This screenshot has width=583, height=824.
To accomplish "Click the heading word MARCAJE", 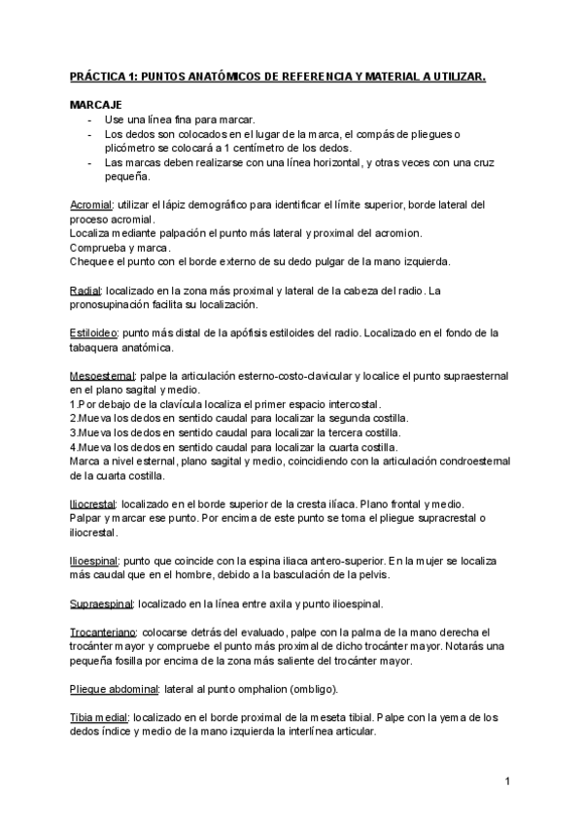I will coord(96,103).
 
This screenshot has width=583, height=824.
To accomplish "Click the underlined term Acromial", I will coord(91,205).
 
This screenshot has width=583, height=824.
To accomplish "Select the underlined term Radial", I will coord(86,291).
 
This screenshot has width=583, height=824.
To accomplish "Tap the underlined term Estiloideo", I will coord(93,333).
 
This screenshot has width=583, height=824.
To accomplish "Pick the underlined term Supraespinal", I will coord(101,604).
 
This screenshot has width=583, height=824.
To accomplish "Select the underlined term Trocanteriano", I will coord(104,633).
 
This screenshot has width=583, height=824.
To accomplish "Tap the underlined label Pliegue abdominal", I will coord(114,689).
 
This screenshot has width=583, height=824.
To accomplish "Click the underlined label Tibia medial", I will coord(99,718).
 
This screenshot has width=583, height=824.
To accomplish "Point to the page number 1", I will coord(507,781).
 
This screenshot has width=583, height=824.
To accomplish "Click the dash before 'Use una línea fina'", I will coord(89,119).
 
